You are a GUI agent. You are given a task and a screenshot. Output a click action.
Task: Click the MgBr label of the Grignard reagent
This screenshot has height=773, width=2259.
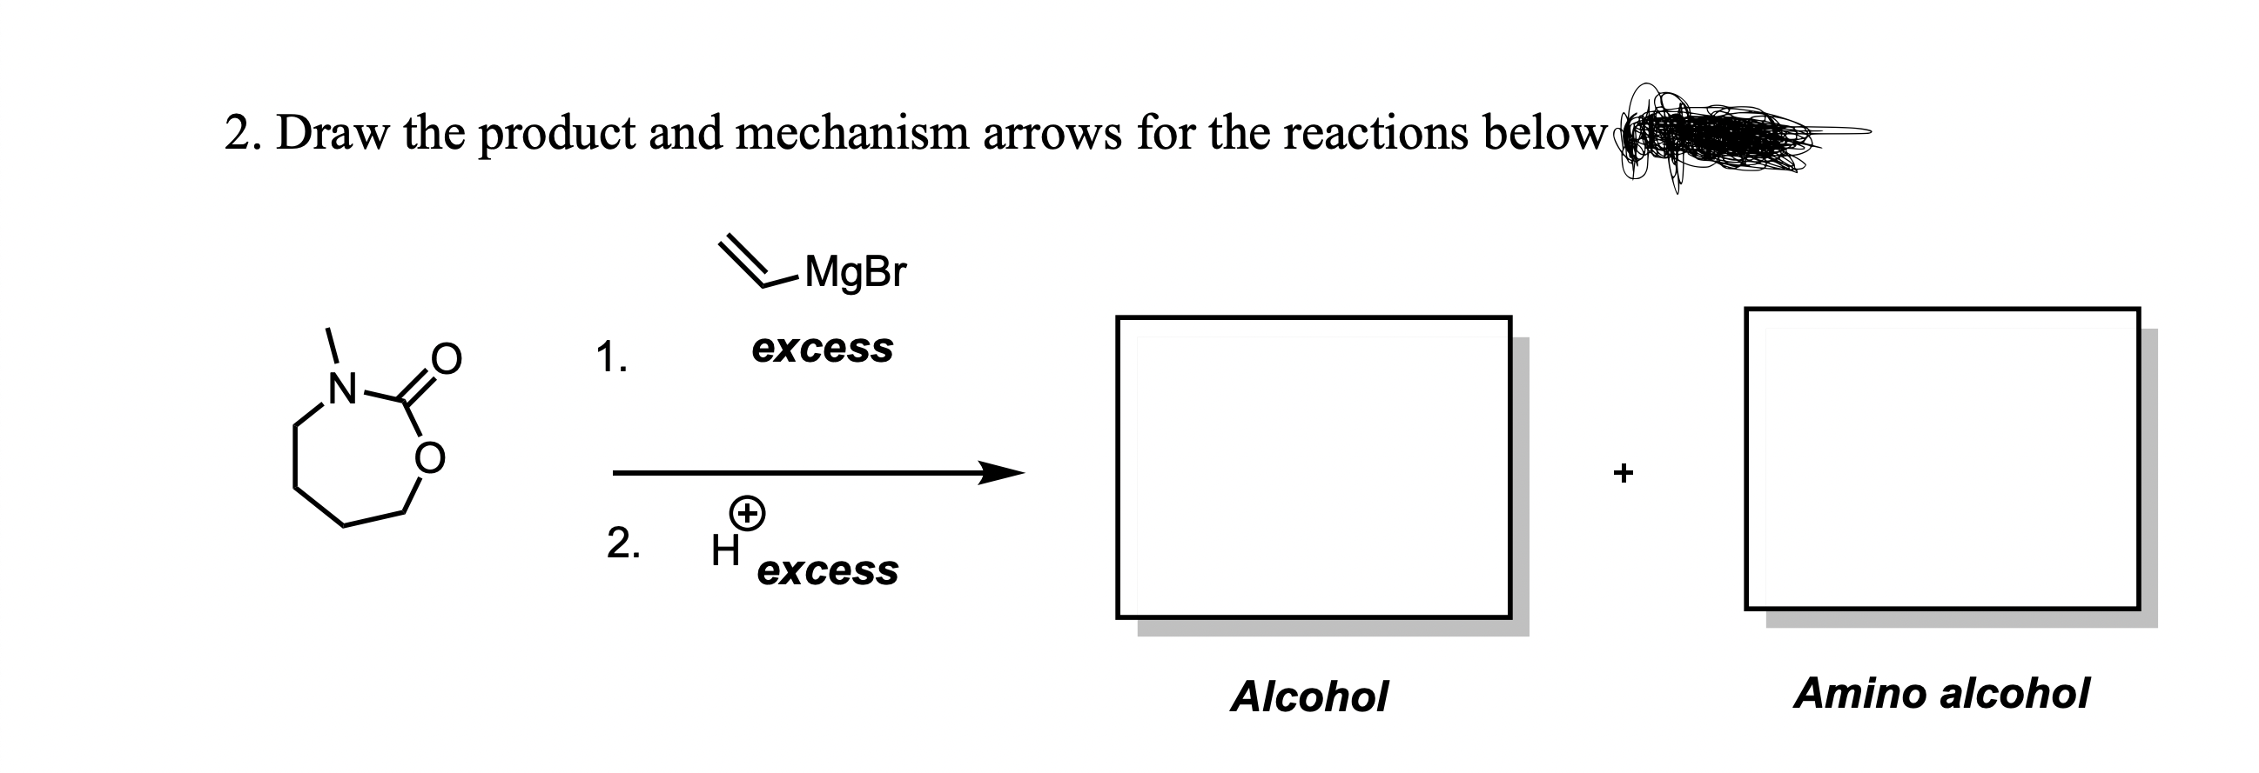tap(855, 271)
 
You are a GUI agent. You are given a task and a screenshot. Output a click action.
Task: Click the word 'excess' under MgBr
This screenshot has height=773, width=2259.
tap(822, 349)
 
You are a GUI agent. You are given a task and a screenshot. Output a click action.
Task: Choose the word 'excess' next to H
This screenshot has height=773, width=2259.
tap(827, 571)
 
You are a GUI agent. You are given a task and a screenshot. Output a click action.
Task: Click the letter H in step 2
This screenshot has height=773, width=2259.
tap(725, 551)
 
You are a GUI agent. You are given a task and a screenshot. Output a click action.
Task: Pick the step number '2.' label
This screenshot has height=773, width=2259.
tap(622, 543)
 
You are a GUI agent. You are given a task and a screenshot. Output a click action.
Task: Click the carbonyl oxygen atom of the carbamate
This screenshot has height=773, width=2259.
tap(446, 357)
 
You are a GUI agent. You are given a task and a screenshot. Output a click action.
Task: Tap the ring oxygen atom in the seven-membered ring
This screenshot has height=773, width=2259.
tap(430, 456)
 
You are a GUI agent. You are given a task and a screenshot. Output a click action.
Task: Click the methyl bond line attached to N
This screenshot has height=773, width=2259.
tap(333, 345)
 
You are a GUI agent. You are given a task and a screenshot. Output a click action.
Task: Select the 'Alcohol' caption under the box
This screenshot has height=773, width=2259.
tap(1308, 697)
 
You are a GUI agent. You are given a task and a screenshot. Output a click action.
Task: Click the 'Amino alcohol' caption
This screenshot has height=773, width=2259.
tap(1940, 694)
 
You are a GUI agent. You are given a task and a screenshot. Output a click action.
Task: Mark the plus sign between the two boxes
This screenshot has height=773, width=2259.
tap(1624, 473)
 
